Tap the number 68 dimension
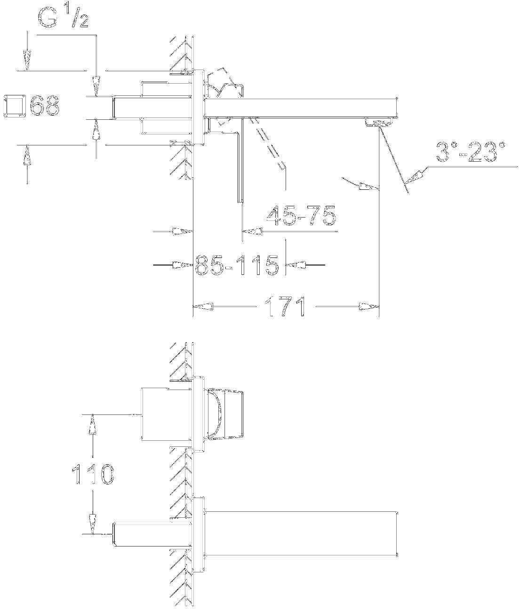(45, 105)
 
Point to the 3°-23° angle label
(471, 152)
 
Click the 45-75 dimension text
(301, 215)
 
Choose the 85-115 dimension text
(237, 265)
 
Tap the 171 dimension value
(285, 306)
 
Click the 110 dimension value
(93, 474)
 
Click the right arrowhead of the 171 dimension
(368, 306)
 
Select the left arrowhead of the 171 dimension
(203, 306)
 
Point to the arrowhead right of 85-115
(296, 265)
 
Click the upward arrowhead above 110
(93, 424)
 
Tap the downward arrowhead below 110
(93, 524)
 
